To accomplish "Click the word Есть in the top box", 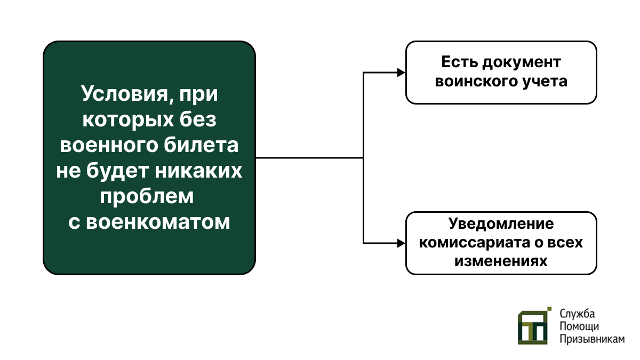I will (x=459, y=62).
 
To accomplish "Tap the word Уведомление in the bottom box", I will (x=501, y=223).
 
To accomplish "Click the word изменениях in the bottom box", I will (x=501, y=261).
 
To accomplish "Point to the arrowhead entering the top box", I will (x=401, y=73).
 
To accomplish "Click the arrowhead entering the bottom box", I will (x=401, y=243).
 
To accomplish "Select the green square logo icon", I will (x=534, y=326).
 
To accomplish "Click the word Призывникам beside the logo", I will (x=592, y=339).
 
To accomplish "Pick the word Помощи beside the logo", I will (x=579, y=326).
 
